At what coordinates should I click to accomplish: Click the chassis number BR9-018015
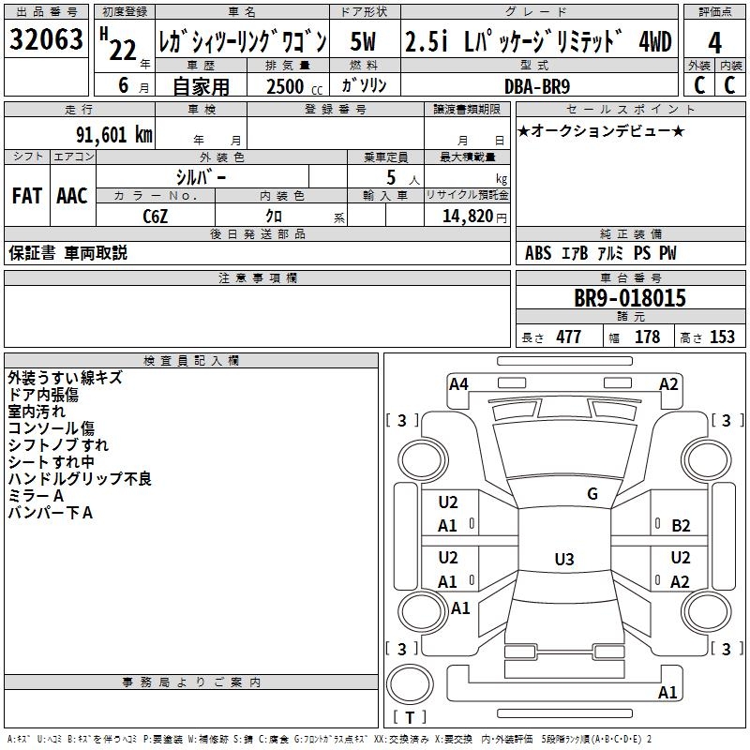coord(630,298)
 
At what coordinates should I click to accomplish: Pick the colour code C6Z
coord(156,217)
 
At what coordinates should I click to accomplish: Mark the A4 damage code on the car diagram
coord(458,383)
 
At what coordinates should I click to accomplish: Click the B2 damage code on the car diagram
coord(681,526)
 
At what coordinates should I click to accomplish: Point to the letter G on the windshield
coord(592,494)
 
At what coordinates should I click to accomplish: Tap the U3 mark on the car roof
coord(563,560)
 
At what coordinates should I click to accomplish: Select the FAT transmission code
coord(26,196)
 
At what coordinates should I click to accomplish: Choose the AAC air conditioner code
coord(72,196)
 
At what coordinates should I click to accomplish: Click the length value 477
coord(568,337)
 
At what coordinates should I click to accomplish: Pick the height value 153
coord(722,337)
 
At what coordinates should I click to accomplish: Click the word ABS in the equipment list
coord(538,253)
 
